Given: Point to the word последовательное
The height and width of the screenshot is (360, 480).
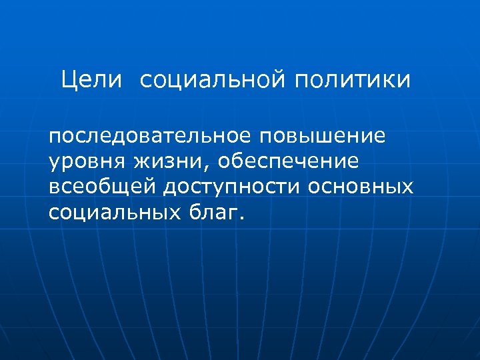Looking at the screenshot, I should coord(149,136).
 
